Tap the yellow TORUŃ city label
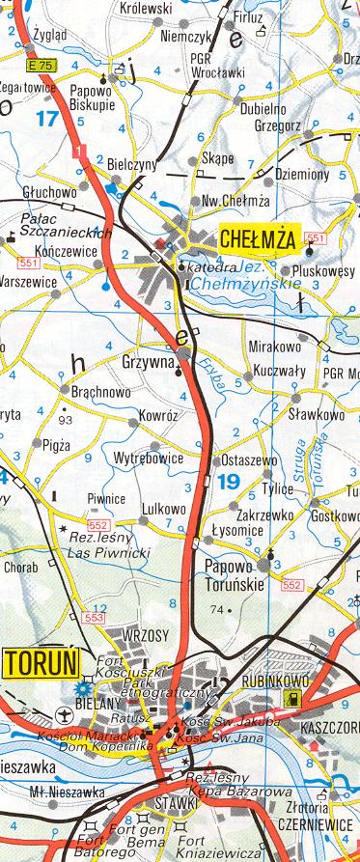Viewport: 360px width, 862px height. tap(40, 663)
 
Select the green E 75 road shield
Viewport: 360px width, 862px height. tap(40, 65)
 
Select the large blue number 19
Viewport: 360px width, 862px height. tap(229, 481)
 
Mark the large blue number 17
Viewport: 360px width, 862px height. tap(45, 120)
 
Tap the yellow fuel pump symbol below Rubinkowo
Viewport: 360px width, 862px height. tap(285, 698)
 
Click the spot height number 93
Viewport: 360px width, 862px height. tap(66, 421)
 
